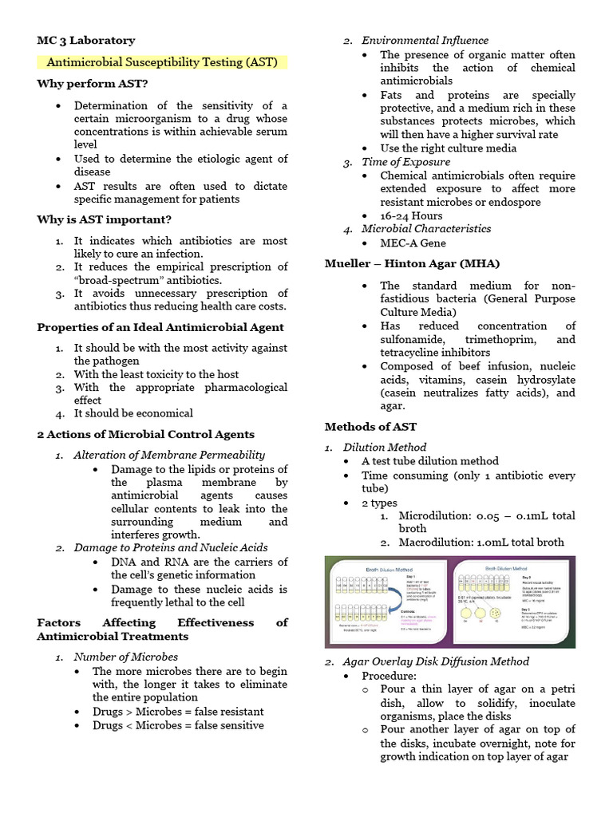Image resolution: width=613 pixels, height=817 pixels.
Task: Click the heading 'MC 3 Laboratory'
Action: coord(86,40)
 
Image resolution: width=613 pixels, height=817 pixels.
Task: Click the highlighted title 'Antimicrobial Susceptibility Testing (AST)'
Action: coord(162,62)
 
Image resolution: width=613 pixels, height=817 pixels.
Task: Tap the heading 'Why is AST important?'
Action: coord(105,219)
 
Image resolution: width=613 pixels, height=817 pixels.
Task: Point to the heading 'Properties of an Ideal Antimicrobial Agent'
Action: coord(160,327)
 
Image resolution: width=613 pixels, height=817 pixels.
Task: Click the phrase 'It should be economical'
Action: coord(133,413)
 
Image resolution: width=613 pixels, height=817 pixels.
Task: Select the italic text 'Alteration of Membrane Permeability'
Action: coord(169,455)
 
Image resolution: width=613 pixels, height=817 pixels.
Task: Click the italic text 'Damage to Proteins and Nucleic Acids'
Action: coord(171,547)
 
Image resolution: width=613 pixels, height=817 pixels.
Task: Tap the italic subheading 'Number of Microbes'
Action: coord(126,657)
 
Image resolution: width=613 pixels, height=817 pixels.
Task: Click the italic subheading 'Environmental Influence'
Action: coord(425,40)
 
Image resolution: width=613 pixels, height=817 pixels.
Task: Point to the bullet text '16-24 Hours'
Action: coord(411,215)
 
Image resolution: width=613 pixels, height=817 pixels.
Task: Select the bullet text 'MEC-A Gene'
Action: coord(413,243)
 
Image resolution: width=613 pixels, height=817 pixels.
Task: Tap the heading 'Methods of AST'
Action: coord(370,427)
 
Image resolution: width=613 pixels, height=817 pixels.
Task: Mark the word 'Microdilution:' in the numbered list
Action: coord(437,515)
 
